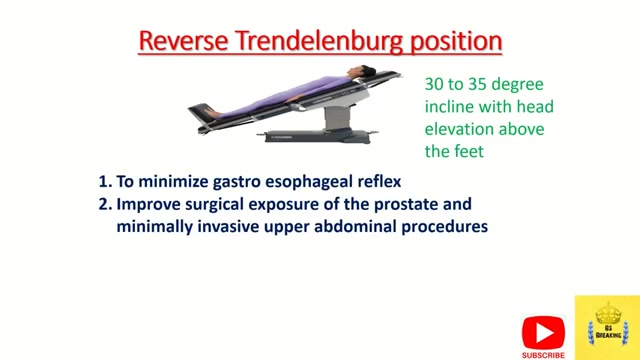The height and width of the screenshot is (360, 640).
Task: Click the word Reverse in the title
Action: click(x=183, y=41)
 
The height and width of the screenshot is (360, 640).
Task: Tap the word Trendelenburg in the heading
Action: click(x=319, y=41)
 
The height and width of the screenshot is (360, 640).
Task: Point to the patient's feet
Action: click(x=212, y=112)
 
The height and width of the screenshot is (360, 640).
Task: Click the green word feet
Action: click(x=468, y=151)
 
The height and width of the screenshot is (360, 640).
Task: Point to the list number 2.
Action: click(x=105, y=204)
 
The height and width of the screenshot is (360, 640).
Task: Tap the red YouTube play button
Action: click(x=543, y=333)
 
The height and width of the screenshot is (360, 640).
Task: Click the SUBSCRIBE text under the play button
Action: click(x=543, y=356)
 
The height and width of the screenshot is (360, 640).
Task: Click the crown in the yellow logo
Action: click(x=608, y=314)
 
